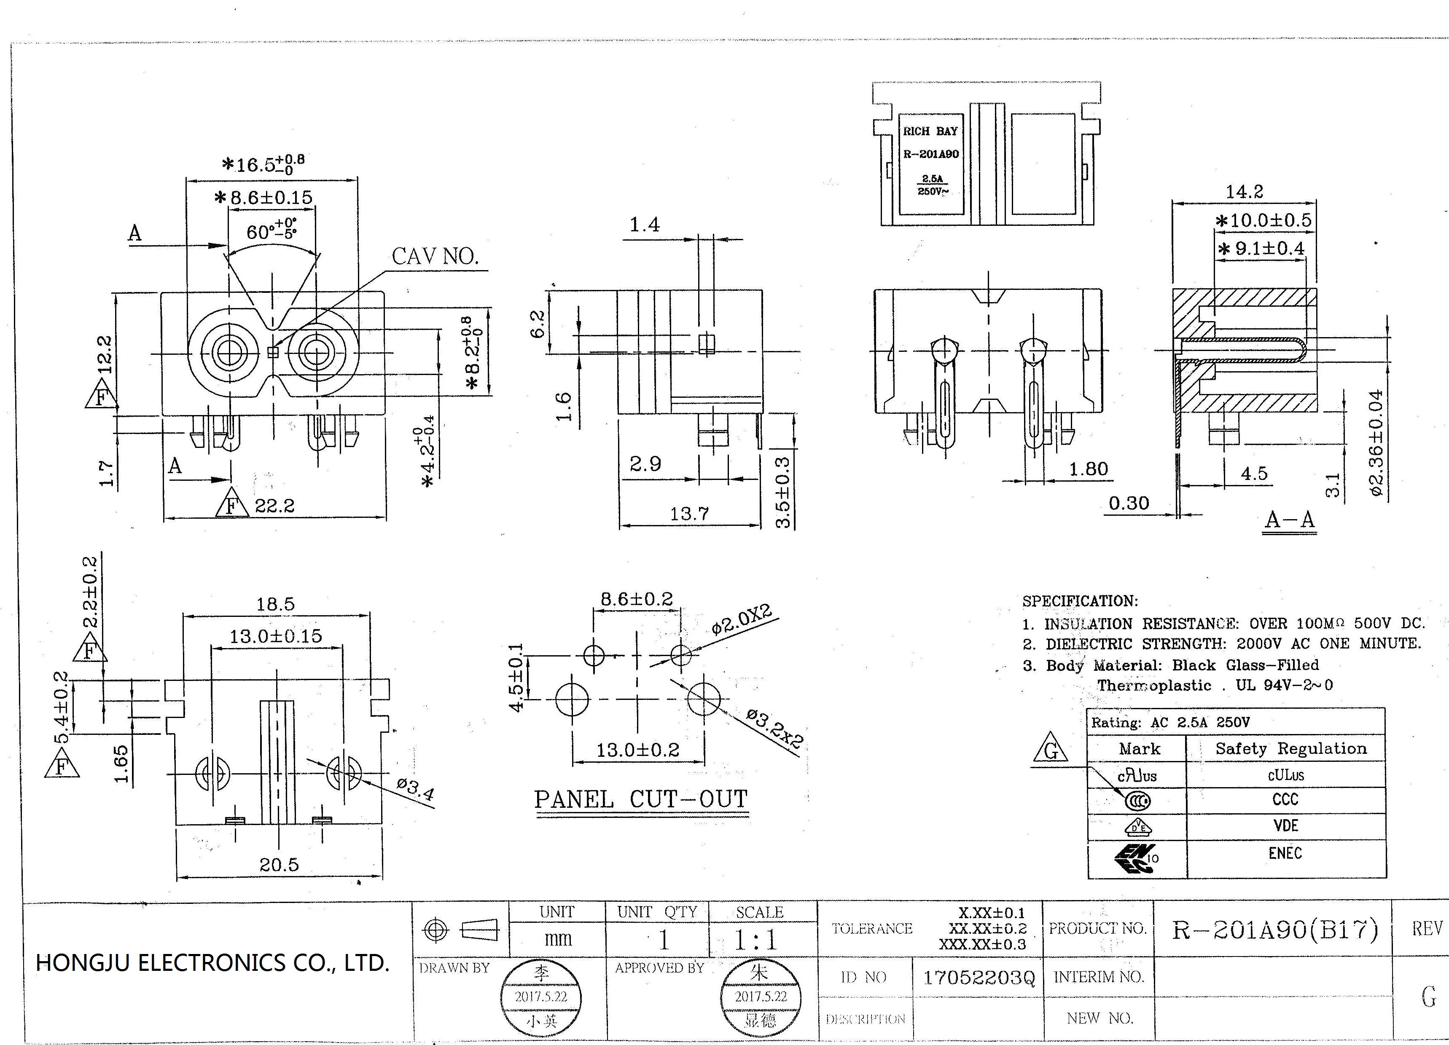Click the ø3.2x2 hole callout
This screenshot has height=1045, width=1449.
[774, 729]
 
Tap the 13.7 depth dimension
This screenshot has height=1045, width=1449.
[689, 514]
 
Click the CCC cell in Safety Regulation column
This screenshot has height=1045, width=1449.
[1285, 800]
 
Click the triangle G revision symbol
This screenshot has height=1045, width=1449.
[1050, 750]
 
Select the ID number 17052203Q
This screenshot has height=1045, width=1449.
[978, 977]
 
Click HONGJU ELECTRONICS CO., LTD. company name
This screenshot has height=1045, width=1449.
[212, 962]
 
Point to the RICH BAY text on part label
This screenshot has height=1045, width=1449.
[930, 131]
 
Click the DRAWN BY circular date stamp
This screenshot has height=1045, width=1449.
[541, 997]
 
